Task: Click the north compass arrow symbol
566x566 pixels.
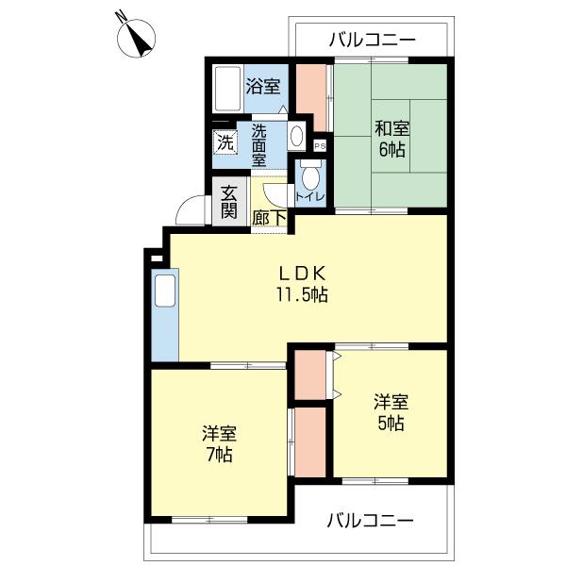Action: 139,36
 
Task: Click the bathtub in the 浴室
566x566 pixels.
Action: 227,90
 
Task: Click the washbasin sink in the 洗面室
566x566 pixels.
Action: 296,136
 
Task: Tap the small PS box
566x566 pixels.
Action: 319,146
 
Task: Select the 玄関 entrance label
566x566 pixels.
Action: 229,202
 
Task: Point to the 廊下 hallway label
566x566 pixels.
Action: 269,217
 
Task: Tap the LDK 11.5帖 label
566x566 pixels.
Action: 301,282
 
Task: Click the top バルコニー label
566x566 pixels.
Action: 372,40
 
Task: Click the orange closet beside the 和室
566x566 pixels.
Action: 311,98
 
